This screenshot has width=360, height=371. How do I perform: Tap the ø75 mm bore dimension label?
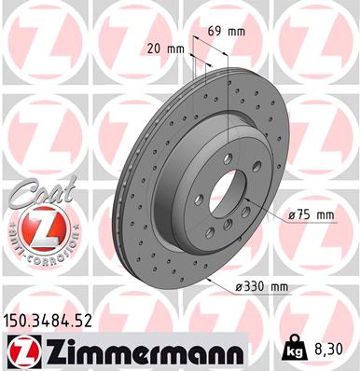coord(312,215)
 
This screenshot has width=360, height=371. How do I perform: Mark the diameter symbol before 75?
coord(292,215)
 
